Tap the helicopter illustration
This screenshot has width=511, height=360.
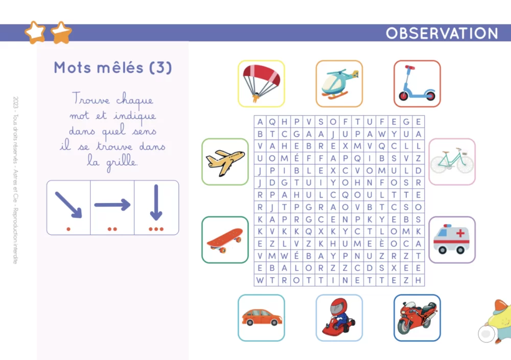click(340, 84)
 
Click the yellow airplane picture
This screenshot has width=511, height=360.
click(225, 162)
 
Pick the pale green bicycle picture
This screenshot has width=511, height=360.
click(452, 162)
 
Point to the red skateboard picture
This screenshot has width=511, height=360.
click(225, 240)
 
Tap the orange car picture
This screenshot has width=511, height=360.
click(262, 317)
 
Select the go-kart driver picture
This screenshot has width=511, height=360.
click(339, 317)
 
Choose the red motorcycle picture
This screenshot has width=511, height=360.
click(417, 318)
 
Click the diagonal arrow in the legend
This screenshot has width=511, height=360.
click(68, 205)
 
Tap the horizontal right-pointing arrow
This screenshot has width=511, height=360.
click(112, 205)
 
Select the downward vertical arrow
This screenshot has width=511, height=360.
click(156, 202)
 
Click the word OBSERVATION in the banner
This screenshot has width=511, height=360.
click(442, 33)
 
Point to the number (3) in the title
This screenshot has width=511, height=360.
click(160, 67)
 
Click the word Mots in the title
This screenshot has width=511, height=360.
click(73, 67)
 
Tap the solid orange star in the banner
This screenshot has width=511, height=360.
click(61, 33)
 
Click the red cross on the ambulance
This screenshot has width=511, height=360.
click(460, 233)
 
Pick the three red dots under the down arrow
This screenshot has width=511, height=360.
click(156, 229)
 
